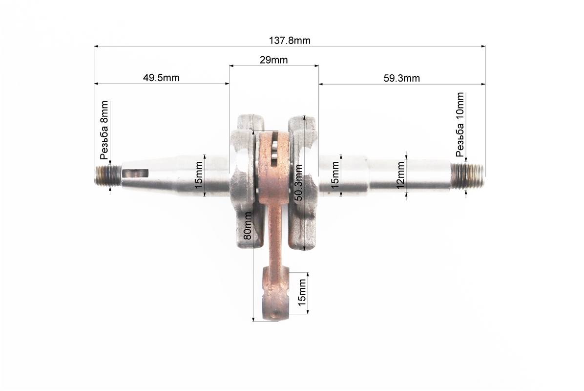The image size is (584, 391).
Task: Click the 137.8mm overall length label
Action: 290,40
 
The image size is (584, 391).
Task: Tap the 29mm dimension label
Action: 273,60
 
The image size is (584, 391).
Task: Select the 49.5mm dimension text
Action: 161,78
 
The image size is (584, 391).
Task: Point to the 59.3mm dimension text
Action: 401,78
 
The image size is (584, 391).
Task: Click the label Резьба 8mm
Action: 104,130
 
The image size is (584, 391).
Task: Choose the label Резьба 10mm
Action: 460,125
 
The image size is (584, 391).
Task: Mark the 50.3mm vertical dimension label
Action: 298,183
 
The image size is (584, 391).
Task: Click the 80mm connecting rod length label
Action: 247,226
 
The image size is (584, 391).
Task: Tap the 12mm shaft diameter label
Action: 400,175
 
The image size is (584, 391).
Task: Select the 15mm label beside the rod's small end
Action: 302,293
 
